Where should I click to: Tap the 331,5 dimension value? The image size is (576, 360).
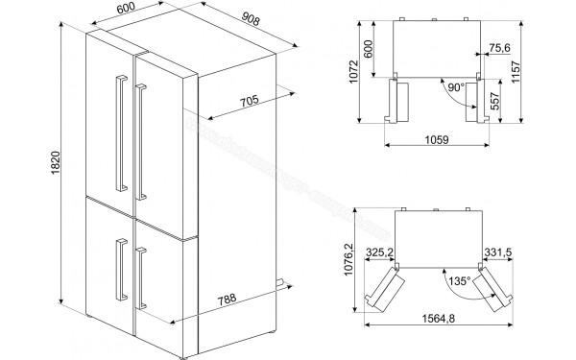click(x=497, y=252)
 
